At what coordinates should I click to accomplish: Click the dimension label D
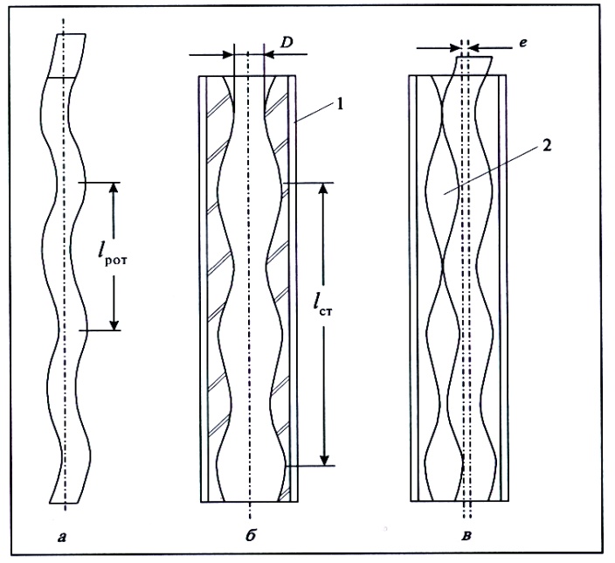287,43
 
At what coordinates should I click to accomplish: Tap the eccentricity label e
522,43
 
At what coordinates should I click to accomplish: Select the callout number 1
340,104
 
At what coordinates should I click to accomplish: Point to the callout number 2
547,146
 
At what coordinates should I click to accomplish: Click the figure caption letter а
61,537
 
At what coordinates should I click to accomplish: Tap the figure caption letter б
251,535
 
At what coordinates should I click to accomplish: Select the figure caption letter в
466,536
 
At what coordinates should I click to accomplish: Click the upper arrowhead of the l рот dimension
114,189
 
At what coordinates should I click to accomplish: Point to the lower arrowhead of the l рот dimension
114,324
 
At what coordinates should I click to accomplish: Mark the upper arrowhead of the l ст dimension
323,189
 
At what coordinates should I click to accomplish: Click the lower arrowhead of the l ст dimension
324,460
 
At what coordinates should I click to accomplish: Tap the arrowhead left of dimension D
228,54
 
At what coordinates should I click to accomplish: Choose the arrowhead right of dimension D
270,54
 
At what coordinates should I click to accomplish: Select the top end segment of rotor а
66,56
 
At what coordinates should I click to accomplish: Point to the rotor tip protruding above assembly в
473,66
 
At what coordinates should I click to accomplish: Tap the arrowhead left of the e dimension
455,48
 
